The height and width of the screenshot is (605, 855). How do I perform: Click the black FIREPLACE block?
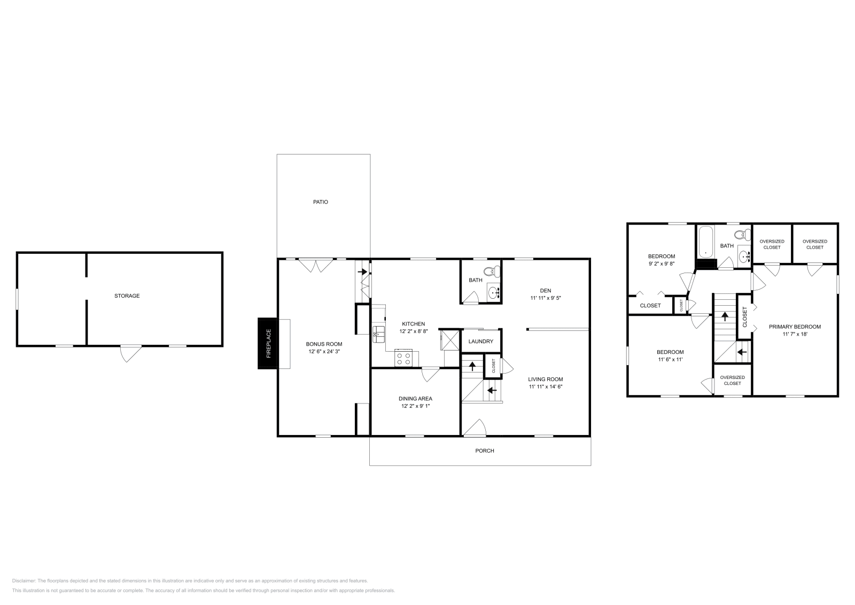click(268, 343)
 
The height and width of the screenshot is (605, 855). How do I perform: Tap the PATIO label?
click(321, 202)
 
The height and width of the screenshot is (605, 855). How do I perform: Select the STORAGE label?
click(127, 296)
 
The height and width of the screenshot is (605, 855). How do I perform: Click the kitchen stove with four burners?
click(403, 358)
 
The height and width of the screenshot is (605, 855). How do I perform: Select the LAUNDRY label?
click(480, 342)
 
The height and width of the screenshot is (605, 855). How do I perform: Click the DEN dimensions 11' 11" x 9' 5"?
click(546, 298)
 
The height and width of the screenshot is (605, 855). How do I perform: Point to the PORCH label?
click(485, 451)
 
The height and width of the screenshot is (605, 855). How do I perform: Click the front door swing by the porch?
click(475, 428)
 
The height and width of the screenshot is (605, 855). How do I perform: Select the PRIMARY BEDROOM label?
click(795, 327)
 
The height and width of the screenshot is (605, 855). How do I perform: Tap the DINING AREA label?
click(415, 398)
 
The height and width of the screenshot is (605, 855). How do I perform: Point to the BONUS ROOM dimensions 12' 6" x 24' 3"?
click(324, 351)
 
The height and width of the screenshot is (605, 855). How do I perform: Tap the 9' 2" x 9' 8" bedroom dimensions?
click(662, 263)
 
